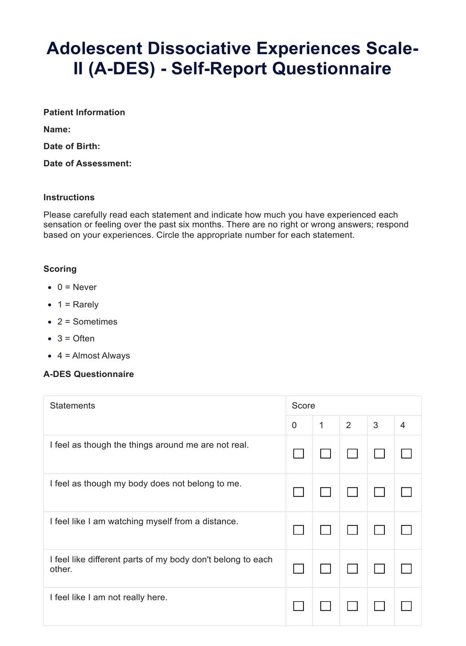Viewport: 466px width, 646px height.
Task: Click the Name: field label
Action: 57,130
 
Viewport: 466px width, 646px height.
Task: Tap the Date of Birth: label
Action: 72,147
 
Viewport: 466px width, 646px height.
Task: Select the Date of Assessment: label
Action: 87,164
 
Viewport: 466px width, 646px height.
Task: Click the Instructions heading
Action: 69,198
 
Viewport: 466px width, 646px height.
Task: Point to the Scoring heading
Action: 60,269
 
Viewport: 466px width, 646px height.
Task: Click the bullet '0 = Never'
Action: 77,287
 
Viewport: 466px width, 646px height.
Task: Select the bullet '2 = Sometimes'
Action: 87,322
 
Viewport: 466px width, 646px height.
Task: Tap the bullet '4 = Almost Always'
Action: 94,356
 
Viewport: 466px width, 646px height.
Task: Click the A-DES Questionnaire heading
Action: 88,375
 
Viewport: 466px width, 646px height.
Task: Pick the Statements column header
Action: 73,406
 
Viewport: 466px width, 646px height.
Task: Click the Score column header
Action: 303,406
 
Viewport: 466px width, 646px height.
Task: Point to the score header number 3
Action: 376,426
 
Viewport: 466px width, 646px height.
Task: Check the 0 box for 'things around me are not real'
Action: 298,453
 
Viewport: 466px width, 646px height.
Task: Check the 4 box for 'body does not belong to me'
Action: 406,492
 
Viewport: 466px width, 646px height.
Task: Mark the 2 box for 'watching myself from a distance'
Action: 352,530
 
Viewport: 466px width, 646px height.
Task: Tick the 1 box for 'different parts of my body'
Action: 325,569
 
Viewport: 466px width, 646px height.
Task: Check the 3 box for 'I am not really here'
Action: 379,606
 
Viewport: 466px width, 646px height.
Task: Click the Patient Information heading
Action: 84,113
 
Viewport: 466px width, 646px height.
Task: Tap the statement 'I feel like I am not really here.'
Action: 109,598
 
